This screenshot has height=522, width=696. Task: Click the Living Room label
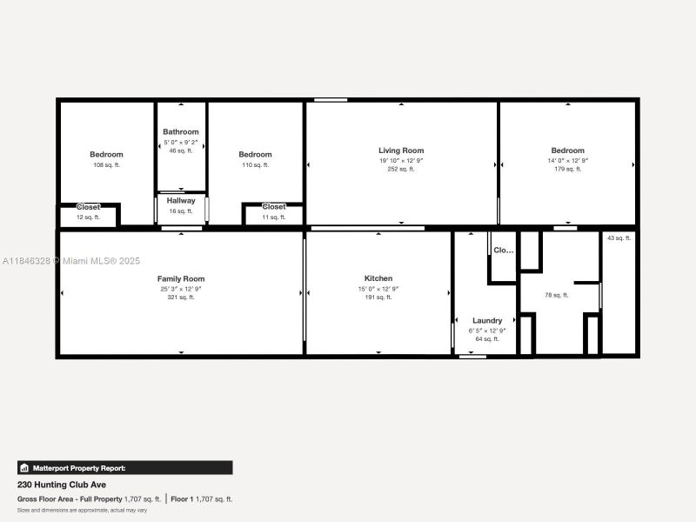(401, 151)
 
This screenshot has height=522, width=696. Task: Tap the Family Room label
(181, 278)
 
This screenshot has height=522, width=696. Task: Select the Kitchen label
(378, 278)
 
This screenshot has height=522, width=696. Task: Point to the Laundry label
(487, 320)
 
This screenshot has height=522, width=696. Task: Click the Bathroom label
(181, 131)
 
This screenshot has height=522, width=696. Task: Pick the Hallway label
(181, 200)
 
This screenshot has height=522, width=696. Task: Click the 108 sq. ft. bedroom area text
(106, 164)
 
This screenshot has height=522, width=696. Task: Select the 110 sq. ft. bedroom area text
(256, 164)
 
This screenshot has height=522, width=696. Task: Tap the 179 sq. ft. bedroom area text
(567, 169)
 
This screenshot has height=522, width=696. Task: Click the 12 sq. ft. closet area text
(88, 217)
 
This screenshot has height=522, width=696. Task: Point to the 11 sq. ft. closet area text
(273, 217)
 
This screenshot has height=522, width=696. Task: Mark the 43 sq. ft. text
(618, 238)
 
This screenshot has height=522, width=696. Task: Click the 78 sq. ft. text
(557, 295)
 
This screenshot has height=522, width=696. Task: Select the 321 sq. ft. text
(181, 298)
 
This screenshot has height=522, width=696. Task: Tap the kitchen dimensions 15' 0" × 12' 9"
(378, 289)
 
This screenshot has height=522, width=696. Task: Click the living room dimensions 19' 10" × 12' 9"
(401, 160)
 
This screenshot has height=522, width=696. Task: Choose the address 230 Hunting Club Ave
(62, 485)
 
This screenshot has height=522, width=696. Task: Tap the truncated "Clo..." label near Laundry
(504, 250)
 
